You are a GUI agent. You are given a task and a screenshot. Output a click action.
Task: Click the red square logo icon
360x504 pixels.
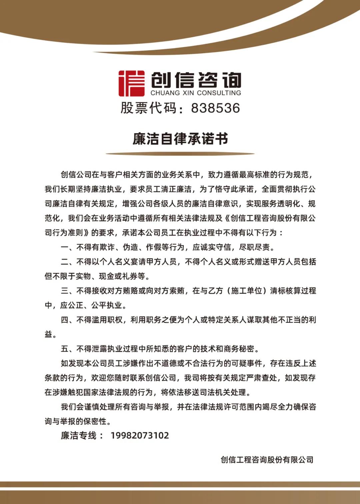click(132, 83)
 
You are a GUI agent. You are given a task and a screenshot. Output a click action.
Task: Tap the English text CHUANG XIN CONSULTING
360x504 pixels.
click(196, 93)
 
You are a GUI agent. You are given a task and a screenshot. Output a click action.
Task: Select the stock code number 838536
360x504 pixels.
click(215, 108)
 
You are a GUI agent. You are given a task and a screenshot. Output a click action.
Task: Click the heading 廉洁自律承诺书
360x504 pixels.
click(180, 139)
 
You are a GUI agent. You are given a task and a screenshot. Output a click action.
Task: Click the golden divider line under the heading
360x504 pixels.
click(180, 154)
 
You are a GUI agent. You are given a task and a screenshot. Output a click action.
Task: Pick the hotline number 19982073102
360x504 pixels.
click(140, 435)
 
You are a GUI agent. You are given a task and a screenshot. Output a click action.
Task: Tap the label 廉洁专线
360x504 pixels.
click(78, 435)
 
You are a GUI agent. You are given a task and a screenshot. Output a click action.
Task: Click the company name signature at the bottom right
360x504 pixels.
click(267, 460)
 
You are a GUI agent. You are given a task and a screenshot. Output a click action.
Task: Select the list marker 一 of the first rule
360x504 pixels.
click(65, 247)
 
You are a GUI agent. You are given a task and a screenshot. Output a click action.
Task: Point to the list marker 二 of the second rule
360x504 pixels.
click(65, 262)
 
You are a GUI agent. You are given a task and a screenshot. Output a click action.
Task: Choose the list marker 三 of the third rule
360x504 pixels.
click(65, 291)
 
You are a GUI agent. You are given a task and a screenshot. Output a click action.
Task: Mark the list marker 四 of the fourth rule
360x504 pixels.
click(65, 320)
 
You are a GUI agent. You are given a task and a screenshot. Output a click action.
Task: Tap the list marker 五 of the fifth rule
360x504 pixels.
click(65, 349)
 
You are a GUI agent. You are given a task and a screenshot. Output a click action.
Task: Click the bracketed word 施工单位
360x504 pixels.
click(246, 291)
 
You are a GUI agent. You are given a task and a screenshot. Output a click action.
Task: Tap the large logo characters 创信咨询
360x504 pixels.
click(196, 80)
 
